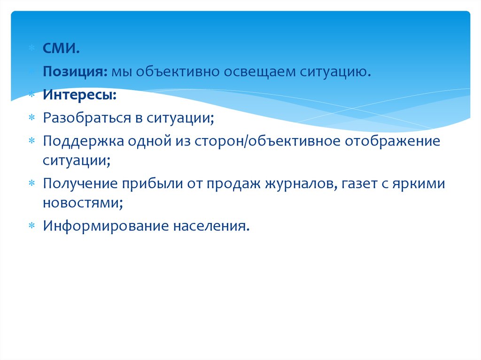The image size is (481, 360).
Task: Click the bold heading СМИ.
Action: pyautogui.click(x=62, y=48)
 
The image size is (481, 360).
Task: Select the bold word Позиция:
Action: pyautogui.click(x=75, y=71)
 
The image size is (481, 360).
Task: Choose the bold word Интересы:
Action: pyautogui.click(x=80, y=95)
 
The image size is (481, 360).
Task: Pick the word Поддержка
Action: pyautogui.click(x=84, y=141)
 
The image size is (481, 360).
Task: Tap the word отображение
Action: pyautogui.click(x=392, y=141)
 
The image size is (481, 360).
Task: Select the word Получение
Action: pyautogui.click(x=80, y=184)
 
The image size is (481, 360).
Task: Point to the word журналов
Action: pyautogui.click(x=300, y=184)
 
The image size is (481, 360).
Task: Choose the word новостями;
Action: pyautogui.click(x=83, y=203)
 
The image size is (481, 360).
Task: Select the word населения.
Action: pyautogui.click(x=211, y=226)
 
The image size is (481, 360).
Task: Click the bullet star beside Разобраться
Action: pyautogui.click(x=32, y=118)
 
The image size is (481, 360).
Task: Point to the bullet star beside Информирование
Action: pyautogui.click(x=32, y=226)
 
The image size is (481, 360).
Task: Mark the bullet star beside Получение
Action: pyautogui.click(x=32, y=184)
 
